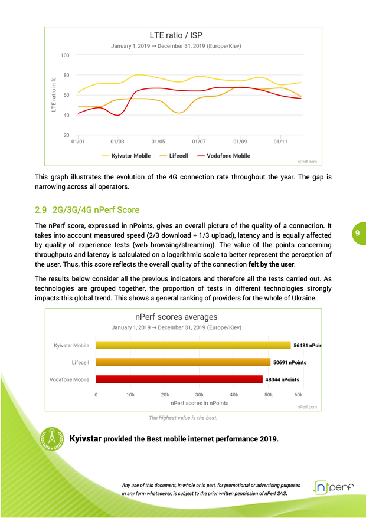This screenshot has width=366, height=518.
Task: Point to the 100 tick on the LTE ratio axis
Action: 66,55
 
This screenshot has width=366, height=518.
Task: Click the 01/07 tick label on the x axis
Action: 198,142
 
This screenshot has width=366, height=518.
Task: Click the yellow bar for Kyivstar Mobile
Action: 193,345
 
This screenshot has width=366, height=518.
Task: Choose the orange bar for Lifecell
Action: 183,362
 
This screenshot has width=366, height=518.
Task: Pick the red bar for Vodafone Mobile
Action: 179,379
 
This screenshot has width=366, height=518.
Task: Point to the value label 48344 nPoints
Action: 282,379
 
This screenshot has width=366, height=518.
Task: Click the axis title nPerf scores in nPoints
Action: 199,403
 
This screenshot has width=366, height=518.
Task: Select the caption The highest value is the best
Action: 182,418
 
